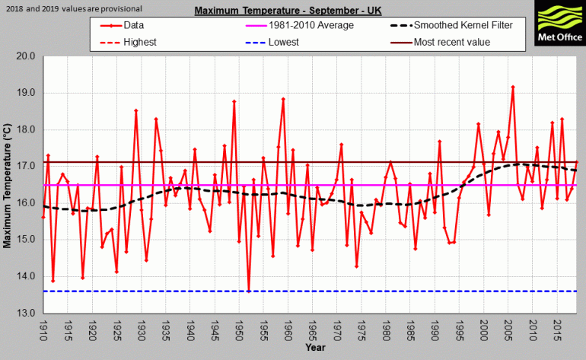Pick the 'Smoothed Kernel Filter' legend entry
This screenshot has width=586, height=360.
[463, 25]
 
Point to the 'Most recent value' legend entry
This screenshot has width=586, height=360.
[452, 42]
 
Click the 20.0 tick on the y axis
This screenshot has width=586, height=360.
[26, 56]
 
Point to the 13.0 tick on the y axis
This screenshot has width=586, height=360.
[26, 313]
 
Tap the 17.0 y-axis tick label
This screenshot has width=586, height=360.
[26, 166]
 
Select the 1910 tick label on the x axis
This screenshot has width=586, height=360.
[44, 331]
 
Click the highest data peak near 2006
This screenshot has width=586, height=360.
[513, 87]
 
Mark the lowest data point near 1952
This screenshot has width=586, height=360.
[249, 291]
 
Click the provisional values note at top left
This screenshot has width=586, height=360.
[72, 8]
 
